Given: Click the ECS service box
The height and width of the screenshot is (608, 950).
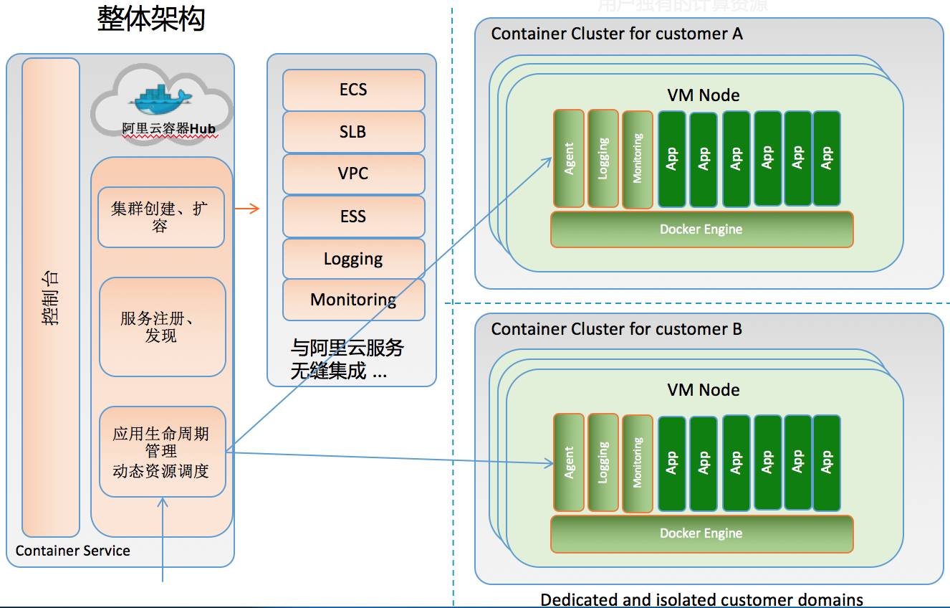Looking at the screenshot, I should point(353,90).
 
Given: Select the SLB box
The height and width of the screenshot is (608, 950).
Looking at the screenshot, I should point(353,132).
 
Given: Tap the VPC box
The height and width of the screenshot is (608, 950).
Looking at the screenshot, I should point(353,174).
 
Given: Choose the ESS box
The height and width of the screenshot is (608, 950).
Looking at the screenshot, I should point(353,217).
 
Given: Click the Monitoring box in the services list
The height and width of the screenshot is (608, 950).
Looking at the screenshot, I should point(353,300).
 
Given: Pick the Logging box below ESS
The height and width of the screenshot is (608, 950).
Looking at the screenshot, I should point(353,259).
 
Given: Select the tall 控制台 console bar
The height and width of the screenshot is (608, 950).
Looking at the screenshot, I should point(51,297).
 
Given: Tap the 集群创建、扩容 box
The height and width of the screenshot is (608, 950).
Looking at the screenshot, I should point(161,217).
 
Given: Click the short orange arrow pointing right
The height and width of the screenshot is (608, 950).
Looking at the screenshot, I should point(246,209).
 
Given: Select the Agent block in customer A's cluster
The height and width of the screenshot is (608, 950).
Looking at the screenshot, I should point(569,158).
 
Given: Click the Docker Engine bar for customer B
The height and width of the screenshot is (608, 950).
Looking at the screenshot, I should point(701,533).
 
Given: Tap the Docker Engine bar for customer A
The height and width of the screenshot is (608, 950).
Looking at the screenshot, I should point(701,229).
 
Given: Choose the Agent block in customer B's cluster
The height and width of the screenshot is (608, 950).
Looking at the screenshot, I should point(569,462).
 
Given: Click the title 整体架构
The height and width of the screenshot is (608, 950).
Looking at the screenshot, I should point(151,19).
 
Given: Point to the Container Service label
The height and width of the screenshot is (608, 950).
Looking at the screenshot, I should point(73,551).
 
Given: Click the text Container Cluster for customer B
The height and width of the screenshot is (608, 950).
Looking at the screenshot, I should point(616,329).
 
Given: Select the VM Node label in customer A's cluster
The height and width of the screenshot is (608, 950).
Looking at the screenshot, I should point(704,95).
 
